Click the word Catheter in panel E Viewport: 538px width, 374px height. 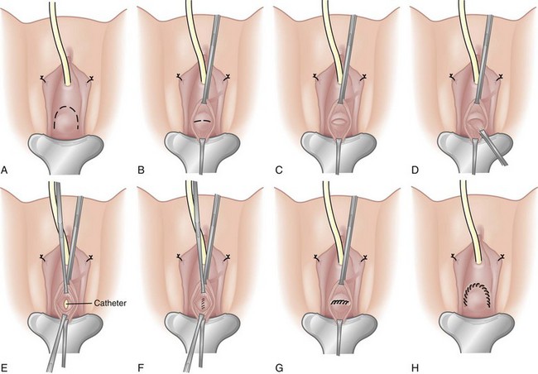[110, 303]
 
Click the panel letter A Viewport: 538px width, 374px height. [4, 170]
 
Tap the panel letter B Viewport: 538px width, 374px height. [141, 170]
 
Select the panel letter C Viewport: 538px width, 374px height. [279, 170]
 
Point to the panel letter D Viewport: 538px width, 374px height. [415, 170]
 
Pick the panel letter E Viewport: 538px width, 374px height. [4, 368]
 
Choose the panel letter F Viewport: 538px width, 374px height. [140, 368]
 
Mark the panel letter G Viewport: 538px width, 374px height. [279, 368]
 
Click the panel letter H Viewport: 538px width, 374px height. [416, 368]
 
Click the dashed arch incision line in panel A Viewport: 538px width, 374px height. [66, 117]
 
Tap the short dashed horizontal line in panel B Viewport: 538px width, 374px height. [201, 121]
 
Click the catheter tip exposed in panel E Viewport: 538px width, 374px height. [65, 304]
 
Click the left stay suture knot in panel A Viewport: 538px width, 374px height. [43, 79]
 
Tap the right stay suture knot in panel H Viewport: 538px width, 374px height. [502, 257]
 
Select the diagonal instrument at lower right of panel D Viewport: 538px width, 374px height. [493, 146]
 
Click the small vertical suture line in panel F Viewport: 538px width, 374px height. [203, 304]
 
